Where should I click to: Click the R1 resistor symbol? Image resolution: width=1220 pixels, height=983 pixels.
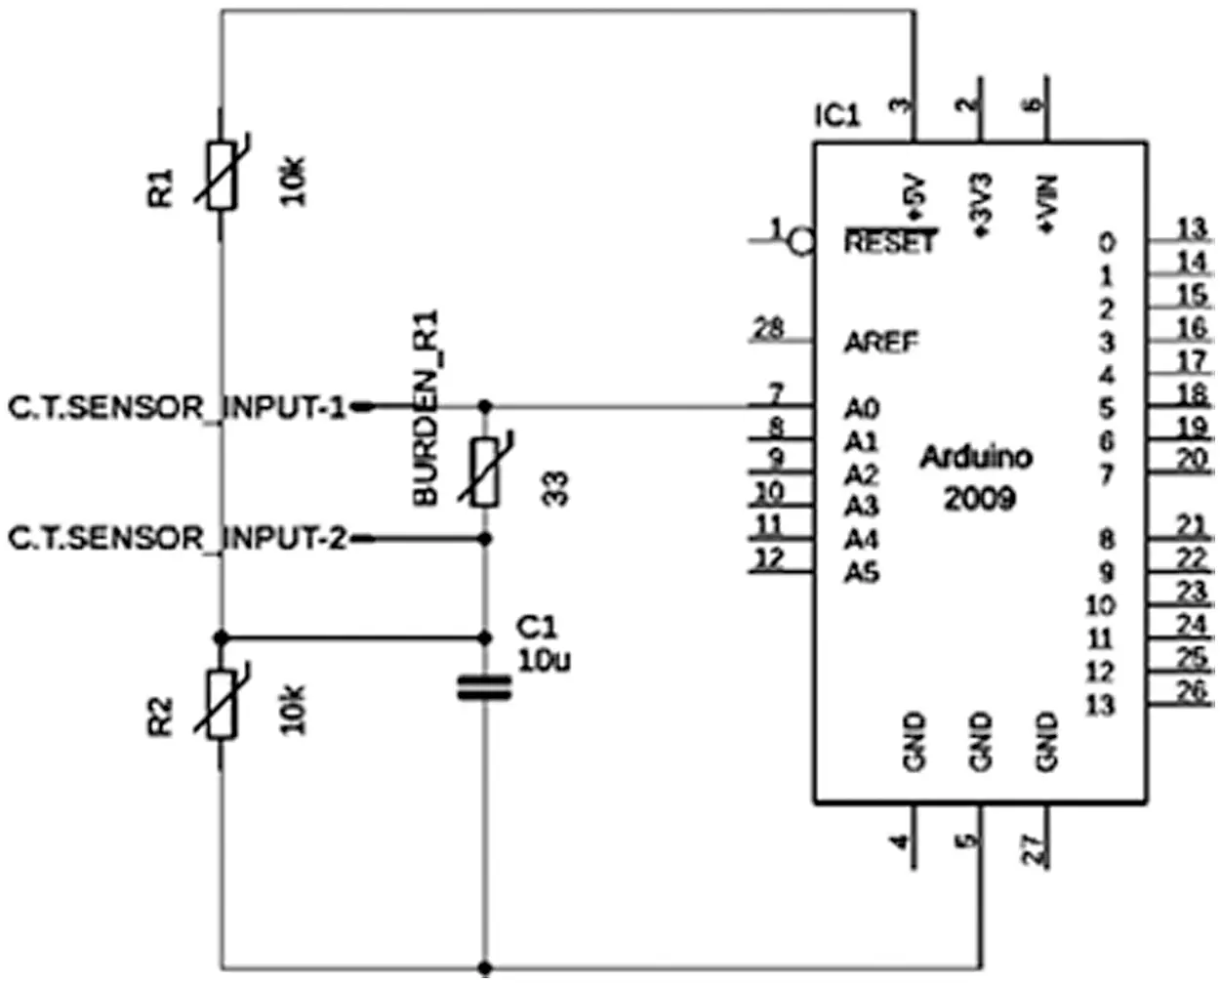click(x=222, y=176)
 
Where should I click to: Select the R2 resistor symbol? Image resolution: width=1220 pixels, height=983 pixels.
click(x=222, y=704)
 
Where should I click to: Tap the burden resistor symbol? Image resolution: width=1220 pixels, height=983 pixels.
click(x=486, y=471)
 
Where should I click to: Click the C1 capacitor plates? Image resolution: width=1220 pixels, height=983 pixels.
click(x=485, y=688)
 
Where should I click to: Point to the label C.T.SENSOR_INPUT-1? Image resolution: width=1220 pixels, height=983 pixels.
click(x=178, y=408)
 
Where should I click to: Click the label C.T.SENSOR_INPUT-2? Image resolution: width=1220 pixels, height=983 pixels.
click(x=178, y=538)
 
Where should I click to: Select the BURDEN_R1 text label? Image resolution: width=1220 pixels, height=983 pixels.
click(x=427, y=408)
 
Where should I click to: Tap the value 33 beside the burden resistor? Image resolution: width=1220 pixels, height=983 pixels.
click(x=555, y=489)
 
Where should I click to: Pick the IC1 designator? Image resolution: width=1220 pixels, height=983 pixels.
click(x=837, y=117)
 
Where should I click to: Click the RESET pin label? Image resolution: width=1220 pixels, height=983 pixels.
click(x=890, y=243)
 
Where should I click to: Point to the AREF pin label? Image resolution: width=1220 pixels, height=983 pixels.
click(x=881, y=343)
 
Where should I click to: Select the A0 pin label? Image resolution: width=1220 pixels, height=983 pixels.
click(x=862, y=408)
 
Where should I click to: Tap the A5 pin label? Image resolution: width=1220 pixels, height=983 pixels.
click(x=862, y=574)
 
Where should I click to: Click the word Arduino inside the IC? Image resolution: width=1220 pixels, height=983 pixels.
click(x=976, y=457)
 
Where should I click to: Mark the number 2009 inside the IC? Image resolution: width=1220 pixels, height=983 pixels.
click(x=979, y=499)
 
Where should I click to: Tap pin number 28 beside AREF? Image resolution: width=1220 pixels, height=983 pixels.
click(x=769, y=328)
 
